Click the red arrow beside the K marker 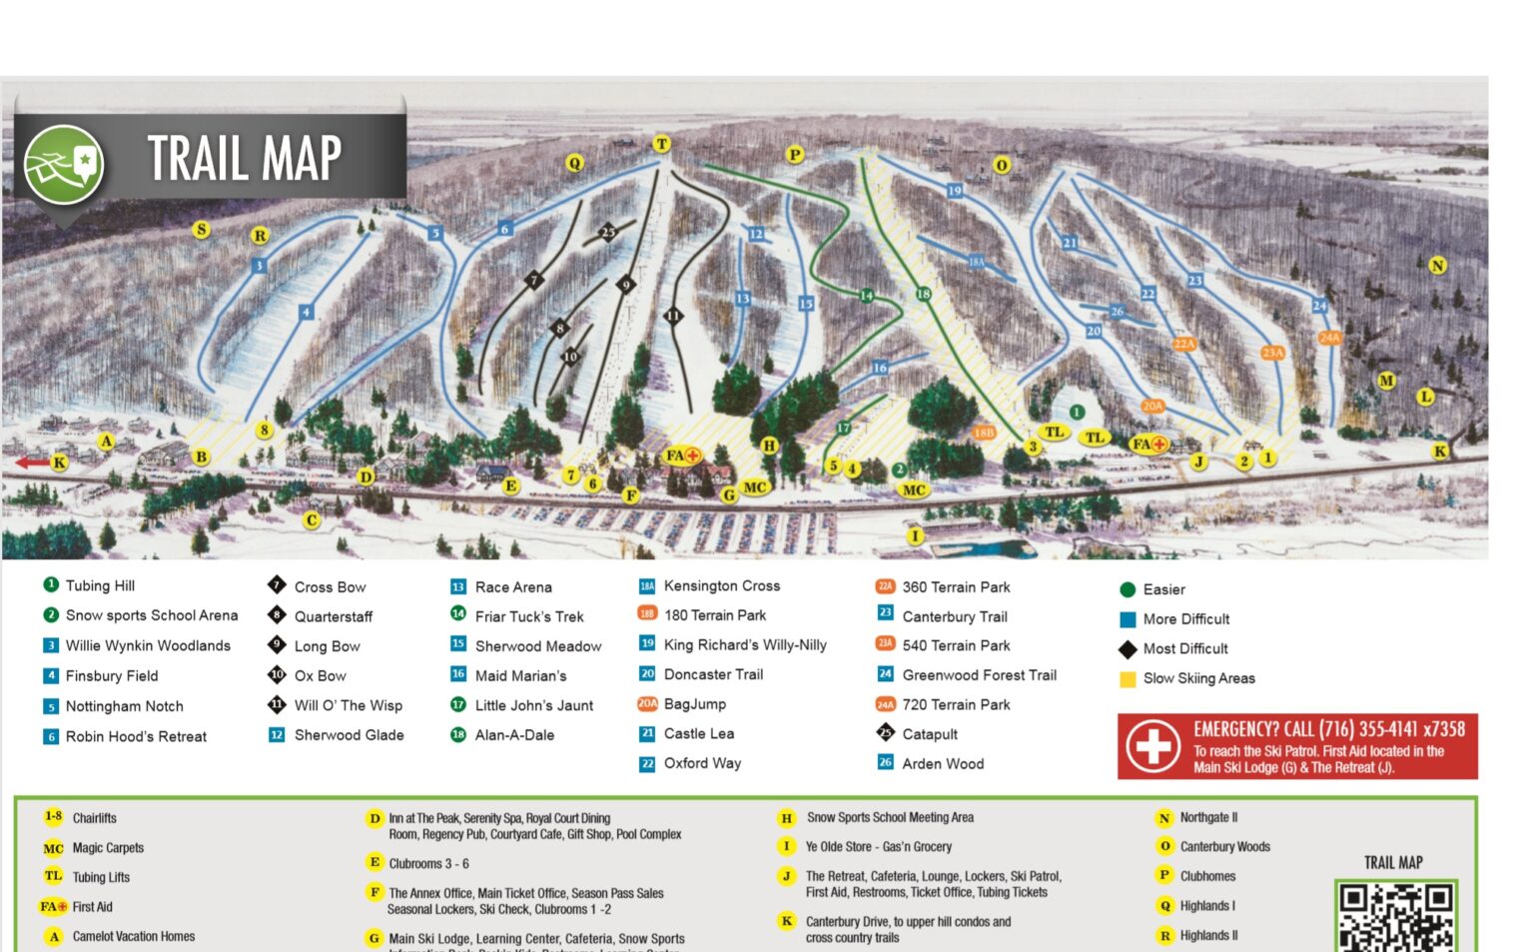(31, 463)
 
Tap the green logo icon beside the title (65, 164)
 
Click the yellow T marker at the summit (661, 144)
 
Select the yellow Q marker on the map (574, 163)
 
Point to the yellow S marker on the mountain (201, 230)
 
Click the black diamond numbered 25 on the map (608, 233)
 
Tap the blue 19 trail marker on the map (955, 191)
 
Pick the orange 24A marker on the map (1329, 338)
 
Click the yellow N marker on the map (1437, 265)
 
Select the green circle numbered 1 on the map (1077, 412)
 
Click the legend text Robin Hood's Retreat (136, 736)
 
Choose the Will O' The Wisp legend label (348, 705)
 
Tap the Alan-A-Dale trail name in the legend (514, 734)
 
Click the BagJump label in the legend (694, 704)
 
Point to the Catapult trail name (930, 734)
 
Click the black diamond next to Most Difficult (1128, 649)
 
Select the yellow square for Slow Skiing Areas (1128, 679)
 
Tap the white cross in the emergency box (1152, 746)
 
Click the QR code (1395, 915)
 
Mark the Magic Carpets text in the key (108, 848)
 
